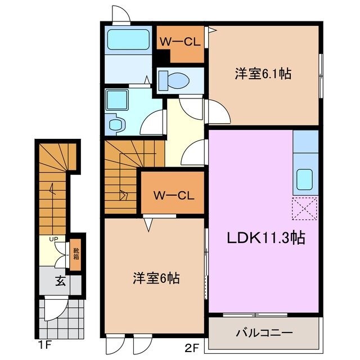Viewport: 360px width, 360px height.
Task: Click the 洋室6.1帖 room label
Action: (x=263, y=74)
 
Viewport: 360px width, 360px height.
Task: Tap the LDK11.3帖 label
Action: (x=266, y=238)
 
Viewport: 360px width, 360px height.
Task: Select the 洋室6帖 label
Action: (x=156, y=277)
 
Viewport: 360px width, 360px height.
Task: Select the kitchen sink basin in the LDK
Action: (x=305, y=179)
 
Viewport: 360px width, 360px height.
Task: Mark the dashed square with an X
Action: (x=305, y=210)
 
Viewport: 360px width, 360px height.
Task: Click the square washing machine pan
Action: (x=119, y=100)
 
